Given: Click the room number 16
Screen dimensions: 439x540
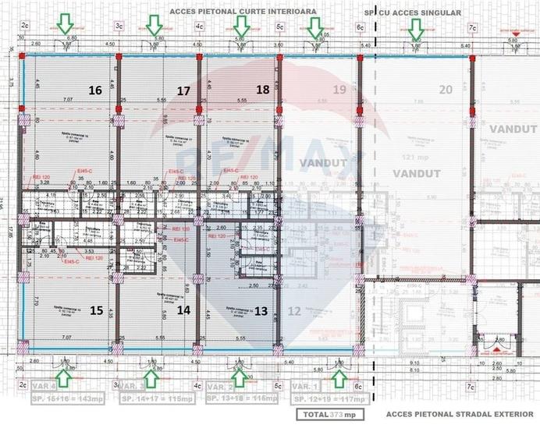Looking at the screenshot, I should [x=95, y=90].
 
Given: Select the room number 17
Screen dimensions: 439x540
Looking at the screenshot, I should [x=183, y=90].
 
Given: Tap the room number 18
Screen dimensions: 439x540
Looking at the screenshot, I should [x=263, y=90].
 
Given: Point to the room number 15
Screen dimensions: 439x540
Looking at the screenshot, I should [x=96, y=310].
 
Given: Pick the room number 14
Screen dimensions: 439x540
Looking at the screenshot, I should [x=184, y=310].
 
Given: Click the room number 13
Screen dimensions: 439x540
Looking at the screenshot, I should [x=261, y=310].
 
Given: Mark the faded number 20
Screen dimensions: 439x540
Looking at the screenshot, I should [x=445, y=90].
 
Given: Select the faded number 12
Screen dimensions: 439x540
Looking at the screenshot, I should [x=294, y=310].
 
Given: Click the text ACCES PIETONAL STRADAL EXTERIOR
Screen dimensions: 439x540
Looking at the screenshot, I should [x=460, y=415].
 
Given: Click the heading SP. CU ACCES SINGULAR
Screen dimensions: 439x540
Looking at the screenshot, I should [x=412, y=13].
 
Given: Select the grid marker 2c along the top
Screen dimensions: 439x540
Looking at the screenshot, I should [x=26, y=27].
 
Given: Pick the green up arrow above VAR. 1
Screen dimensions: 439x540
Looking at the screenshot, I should [x=339, y=378].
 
